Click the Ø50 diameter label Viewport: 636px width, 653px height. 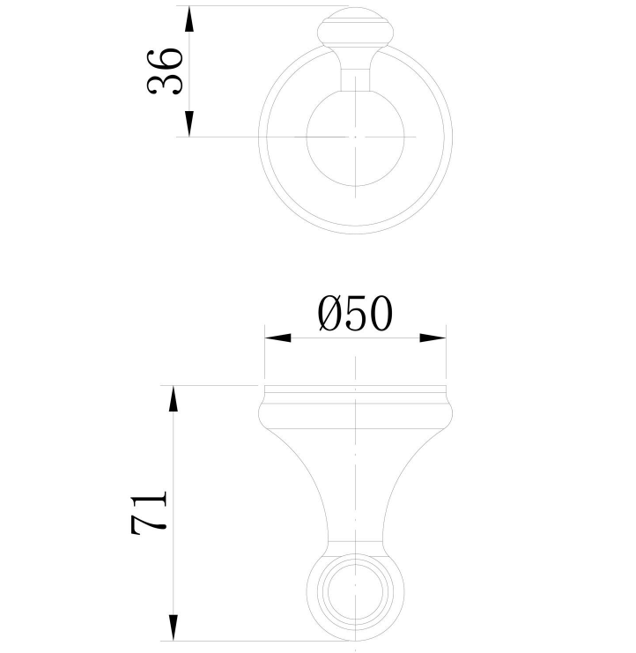pyautogui.click(x=354, y=314)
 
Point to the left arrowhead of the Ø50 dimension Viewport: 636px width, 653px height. pyautogui.click(x=277, y=338)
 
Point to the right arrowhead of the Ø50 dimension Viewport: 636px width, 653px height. pyautogui.click(x=433, y=338)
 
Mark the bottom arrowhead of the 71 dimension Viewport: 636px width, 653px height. pyautogui.click(x=174, y=627)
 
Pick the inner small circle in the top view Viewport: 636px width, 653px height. pyautogui.click(x=354, y=137)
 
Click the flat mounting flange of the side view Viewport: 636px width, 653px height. pyautogui.click(x=354, y=390)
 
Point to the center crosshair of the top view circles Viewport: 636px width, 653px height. pyautogui.click(x=354, y=137)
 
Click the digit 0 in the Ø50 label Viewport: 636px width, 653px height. pyautogui.click(x=379, y=314)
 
